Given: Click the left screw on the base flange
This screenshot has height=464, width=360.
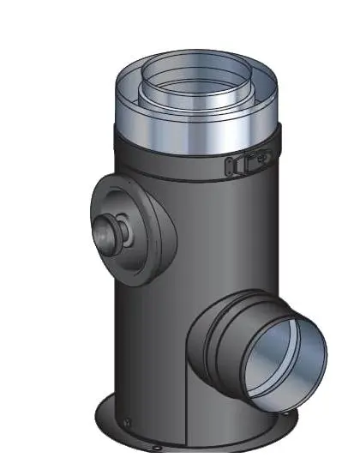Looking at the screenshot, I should pos(125,420).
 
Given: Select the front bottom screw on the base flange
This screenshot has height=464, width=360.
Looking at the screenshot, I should pos(157,449).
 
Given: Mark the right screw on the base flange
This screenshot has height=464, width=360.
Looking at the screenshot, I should pos(286,421).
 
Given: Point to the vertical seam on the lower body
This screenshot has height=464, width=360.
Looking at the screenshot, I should pos(185,412).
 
